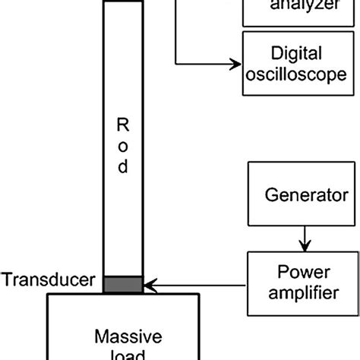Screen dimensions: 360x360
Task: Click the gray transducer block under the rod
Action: click(x=122, y=284)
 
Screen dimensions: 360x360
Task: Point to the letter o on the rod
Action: click(x=122, y=144)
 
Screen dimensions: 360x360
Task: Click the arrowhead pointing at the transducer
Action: click(x=150, y=286)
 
